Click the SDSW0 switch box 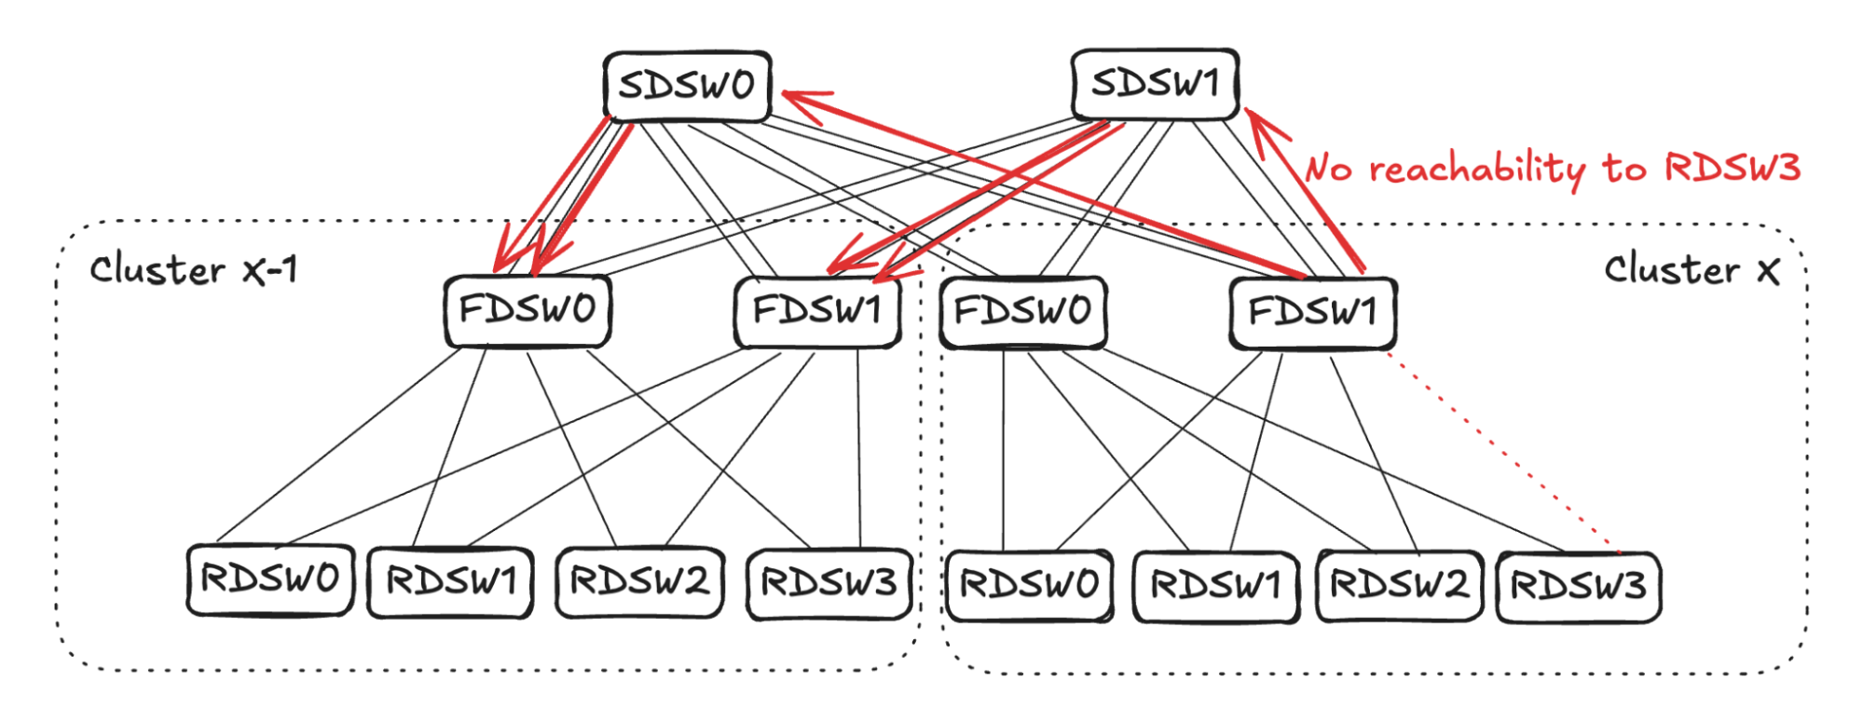(687, 86)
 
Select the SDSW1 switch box (1155, 84)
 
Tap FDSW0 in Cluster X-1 (527, 310)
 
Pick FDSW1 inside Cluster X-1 (817, 310)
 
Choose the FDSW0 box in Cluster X (1023, 311)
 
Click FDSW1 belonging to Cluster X (1312, 312)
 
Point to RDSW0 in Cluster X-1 (270, 580)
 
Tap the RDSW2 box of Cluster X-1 (639, 582)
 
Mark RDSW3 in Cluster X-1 (829, 583)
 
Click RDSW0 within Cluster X (1029, 585)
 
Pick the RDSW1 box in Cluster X (1215, 586)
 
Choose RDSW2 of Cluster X (1399, 585)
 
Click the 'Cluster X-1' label (194, 270)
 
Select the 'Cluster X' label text (1691, 270)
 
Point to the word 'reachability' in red (1476, 171)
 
